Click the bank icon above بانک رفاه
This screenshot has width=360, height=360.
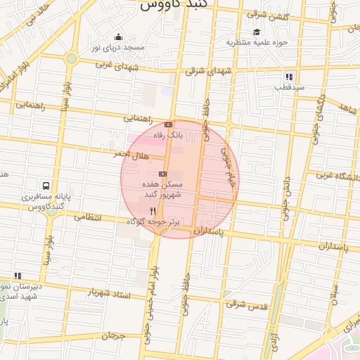[168, 124]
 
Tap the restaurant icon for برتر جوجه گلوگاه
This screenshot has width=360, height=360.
[153, 210]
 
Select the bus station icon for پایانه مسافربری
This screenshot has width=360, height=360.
[46, 186]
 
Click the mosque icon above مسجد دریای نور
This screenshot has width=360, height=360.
[118, 37]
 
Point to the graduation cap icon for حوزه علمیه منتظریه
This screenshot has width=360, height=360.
[257, 32]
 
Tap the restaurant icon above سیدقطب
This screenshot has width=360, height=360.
[289, 77]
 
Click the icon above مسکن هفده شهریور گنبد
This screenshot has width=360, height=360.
[162, 173]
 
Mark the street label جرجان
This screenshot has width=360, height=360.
[112, 336]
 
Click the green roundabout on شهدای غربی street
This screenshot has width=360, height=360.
[71, 58]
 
